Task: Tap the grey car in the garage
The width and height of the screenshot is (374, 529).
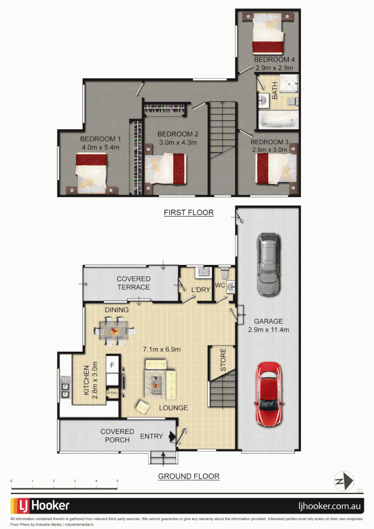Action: pos(268,265)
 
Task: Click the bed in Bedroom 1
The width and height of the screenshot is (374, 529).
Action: pos(91,171)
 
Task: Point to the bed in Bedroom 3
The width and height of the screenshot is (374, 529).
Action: pos(273,168)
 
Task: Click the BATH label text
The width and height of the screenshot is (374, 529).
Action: pos(275,91)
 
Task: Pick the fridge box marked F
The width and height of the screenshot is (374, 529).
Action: pos(113,365)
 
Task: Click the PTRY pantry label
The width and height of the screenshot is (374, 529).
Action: pos(113,393)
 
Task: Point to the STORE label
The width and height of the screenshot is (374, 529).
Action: pos(223,360)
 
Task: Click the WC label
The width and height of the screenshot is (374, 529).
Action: pos(219,285)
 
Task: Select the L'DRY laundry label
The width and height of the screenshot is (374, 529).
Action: pos(200,290)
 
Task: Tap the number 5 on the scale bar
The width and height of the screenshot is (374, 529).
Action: pos(117,481)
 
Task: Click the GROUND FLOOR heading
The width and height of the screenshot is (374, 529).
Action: pos(188,476)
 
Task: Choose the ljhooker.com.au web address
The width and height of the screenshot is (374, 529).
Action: pos(330,506)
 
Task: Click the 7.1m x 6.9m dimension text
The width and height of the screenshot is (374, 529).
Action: pos(162,349)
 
